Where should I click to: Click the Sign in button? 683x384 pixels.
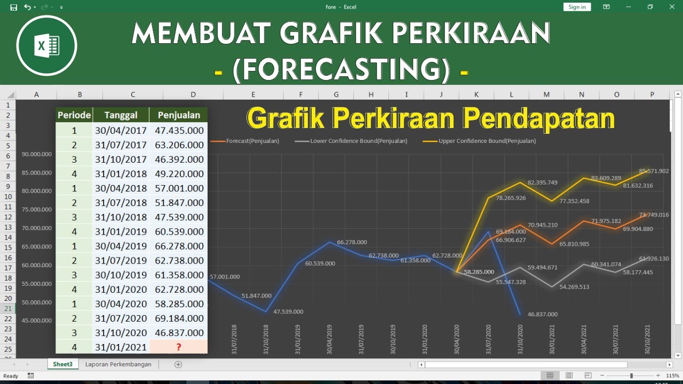[x=577, y=7]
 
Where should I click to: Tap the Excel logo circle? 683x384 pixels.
[x=46, y=46]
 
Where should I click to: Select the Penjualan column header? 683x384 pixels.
[x=178, y=115]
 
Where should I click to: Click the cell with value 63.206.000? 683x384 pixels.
[x=179, y=145]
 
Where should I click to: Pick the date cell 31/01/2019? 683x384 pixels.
[x=121, y=231]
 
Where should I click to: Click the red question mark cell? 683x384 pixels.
[x=179, y=347]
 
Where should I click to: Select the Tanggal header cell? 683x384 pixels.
[x=121, y=115]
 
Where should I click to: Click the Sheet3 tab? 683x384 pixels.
[x=63, y=364]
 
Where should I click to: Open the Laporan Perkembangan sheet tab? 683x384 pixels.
[x=118, y=364]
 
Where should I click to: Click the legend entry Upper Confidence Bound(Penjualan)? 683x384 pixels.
[x=487, y=141]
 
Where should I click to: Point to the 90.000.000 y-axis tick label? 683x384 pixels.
[x=37, y=154]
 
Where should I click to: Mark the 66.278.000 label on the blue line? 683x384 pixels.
[x=352, y=242]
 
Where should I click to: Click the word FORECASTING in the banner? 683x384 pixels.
[x=340, y=69]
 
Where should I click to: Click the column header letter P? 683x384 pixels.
[x=652, y=94]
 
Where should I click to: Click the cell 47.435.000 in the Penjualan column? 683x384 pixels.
[x=179, y=131]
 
